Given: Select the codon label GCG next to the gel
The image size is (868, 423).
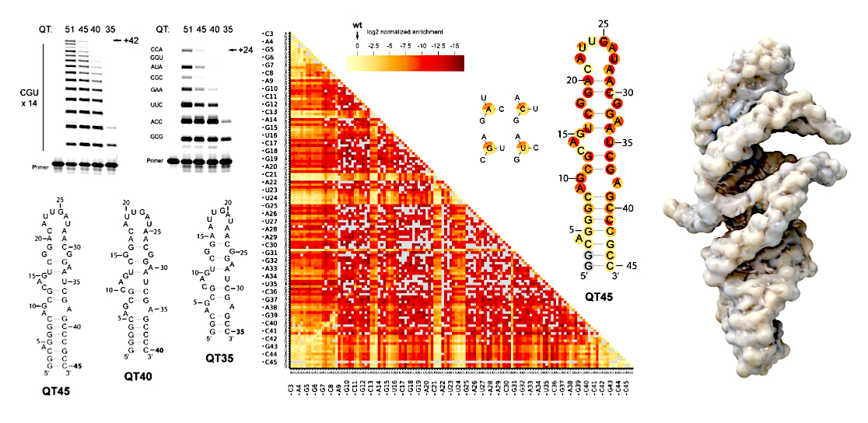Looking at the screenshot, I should pos(157,138).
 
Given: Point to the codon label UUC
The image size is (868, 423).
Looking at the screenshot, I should pos(157,103).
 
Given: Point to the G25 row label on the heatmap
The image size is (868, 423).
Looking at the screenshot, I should pos(271,206).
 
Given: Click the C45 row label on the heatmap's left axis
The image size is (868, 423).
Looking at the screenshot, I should pos(271,362).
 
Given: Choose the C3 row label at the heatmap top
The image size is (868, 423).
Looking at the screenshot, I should pos(269,34).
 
